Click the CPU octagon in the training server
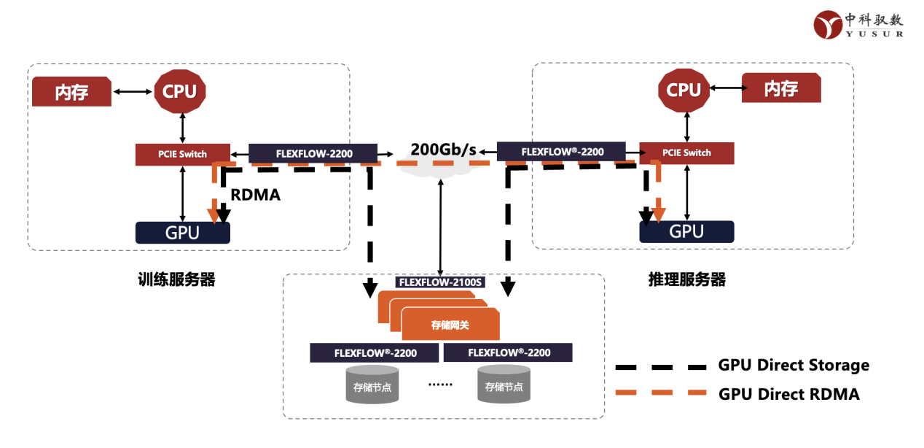[x=180, y=91]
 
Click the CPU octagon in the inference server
[x=684, y=90]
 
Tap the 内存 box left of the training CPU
[x=71, y=91]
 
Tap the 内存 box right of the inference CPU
[x=781, y=88]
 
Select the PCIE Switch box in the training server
[x=183, y=155]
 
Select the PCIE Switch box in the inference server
[x=687, y=153]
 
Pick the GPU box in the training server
[x=183, y=233]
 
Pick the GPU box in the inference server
[x=687, y=231]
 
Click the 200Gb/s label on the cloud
[x=444, y=150]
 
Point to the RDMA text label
[x=255, y=195]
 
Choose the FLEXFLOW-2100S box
[x=440, y=282]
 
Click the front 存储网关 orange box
[x=450, y=325]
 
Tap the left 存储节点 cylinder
[x=372, y=385]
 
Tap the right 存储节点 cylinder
[x=504, y=385]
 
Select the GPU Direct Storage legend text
[x=794, y=366]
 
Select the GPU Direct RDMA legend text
[x=789, y=394]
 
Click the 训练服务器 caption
[x=176, y=279]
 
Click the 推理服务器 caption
[x=687, y=279]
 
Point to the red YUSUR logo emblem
[x=828, y=25]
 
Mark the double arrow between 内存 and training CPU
[x=133, y=92]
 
